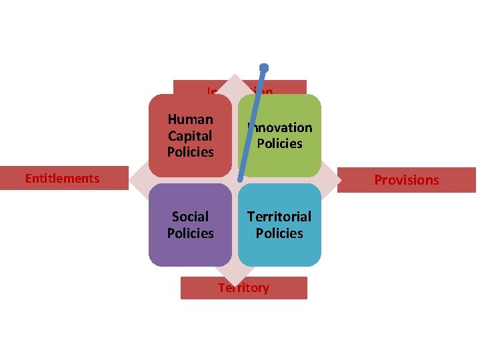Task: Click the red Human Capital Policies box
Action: [x=190, y=135]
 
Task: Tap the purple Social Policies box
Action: [x=190, y=225]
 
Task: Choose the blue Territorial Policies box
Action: [x=279, y=225]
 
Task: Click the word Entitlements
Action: [x=62, y=178]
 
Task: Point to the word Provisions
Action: [x=407, y=180]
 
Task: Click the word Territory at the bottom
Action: [x=243, y=288]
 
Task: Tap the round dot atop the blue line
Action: [x=264, y=67]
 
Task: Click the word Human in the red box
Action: [x=191, y=119]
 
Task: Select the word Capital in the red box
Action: [x=190, y=135]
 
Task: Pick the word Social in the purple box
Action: [x=191, y=217]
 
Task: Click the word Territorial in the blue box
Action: [x=279, y=217]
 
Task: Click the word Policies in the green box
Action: [x=279, y=143]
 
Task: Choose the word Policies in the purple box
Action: [x=191, y=233]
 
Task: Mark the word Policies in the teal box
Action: [x=279, y=233]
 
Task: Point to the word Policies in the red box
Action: [x=191, y=152]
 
